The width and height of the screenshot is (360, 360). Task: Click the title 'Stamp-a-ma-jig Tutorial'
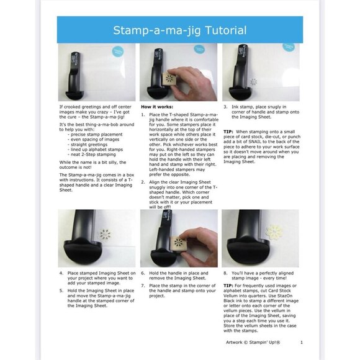click(x=179, y=30)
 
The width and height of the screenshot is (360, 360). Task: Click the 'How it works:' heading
click(x=158, y=107)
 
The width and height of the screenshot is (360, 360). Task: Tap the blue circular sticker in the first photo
click(x=117, y=53)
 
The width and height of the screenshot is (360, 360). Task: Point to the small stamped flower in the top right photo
click(x=253, y=81)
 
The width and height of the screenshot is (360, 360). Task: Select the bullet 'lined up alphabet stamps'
click(x=94, y=148)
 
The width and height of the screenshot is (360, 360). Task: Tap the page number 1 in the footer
click(x=301, y=341)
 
